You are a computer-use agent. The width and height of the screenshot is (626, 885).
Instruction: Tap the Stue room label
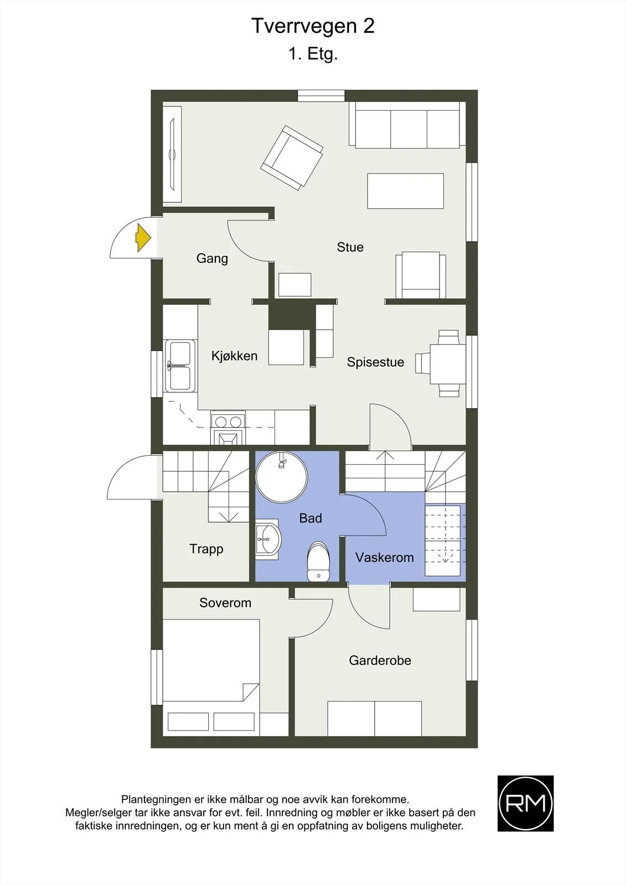pos(350,247)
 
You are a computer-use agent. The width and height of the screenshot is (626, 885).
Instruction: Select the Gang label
pos(212,258)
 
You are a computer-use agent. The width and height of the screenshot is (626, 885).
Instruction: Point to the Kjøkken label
pos(234,356)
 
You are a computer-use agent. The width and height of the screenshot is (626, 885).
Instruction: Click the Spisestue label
pos(375,362)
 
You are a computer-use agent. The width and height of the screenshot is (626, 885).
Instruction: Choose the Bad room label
pos(311,518)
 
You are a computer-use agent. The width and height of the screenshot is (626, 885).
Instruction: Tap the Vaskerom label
pos(384,558)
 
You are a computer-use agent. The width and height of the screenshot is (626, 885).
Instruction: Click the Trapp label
pos(206,549)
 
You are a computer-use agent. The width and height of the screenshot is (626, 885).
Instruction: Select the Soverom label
pos(225,602)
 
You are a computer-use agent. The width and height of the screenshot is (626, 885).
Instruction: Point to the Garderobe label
pos(380,660)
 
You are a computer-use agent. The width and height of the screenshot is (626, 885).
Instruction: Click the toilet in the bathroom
pos(318,561)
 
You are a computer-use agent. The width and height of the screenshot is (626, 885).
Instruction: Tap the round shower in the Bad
pos(281,477)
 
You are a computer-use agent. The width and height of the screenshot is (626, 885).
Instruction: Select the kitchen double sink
pos(180,366)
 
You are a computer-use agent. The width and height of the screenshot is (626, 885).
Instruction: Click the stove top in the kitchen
pos(228,422)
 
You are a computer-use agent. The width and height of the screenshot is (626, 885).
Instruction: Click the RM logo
pos(525,804)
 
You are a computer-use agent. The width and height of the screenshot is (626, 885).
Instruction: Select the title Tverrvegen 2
pos(313,27)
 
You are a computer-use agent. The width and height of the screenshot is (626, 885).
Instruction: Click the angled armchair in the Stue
pos(292,157)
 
